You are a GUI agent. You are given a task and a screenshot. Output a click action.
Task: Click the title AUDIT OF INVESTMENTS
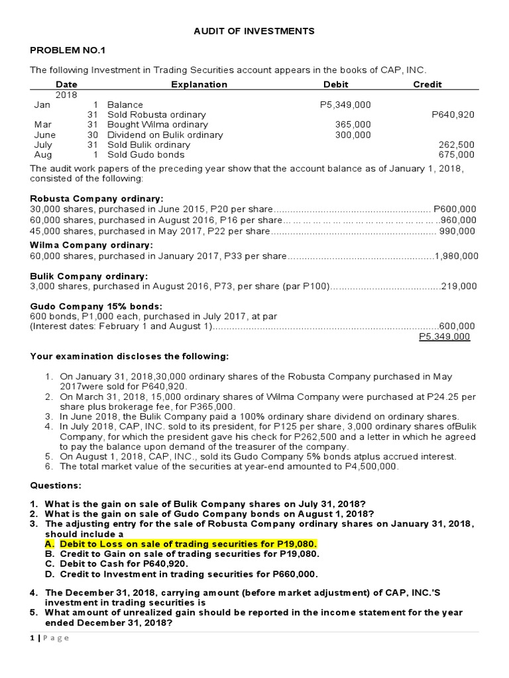(254, 31)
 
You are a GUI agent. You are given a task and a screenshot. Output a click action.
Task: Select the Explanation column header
(199, 84)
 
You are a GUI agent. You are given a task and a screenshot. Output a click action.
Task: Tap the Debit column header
(335, 84)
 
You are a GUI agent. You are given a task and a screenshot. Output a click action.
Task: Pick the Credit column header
(427, 84)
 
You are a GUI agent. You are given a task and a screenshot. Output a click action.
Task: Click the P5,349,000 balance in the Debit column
(345, 105)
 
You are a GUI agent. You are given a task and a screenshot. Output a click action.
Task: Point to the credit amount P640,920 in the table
(453, 115)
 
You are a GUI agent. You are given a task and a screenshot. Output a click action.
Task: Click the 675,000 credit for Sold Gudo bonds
(457, 154)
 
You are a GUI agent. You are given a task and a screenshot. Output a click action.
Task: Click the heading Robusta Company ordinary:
(97, 198)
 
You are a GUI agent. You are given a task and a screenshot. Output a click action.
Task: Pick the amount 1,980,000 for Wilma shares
(456, 256)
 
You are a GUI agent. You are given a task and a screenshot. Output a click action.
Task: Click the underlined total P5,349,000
(445, 336)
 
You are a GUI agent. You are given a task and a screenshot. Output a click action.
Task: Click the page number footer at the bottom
(50, 638)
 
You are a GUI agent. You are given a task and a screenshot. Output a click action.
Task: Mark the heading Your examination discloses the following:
(129, 356)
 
